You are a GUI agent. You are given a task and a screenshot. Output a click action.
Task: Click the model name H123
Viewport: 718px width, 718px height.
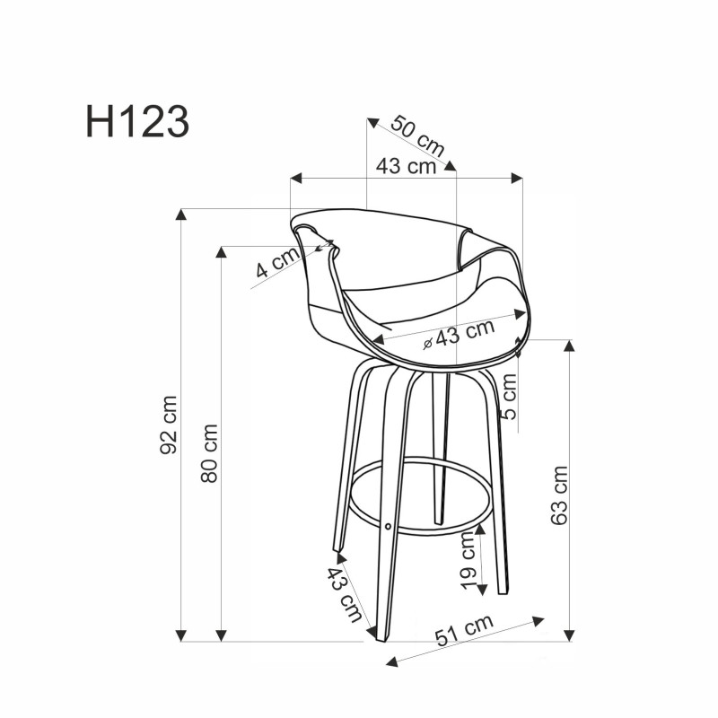pos(137,122)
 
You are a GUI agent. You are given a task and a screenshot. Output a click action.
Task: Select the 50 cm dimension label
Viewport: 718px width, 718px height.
pos(418,136)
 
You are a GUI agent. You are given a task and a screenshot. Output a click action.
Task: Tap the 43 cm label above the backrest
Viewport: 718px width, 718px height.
pos(406,166)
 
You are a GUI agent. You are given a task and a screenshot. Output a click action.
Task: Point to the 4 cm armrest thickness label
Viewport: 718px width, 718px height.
pos(276,262)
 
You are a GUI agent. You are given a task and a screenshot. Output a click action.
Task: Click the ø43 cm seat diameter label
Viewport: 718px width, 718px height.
pos(459,334)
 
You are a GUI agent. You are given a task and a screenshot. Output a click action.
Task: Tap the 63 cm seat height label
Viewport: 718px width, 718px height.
pos(559,495)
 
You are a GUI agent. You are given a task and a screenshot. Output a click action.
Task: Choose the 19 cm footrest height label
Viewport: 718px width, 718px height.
pos(468,560)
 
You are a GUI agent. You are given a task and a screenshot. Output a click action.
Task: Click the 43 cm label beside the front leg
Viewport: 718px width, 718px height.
pos(345,594)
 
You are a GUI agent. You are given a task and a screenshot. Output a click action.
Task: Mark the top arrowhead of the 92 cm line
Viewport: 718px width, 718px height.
pos(181,214)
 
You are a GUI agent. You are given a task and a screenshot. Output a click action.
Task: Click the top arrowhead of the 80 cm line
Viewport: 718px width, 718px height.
pos(221,250)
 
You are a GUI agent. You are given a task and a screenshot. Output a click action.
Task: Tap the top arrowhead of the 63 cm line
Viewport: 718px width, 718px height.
pos(568,345)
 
